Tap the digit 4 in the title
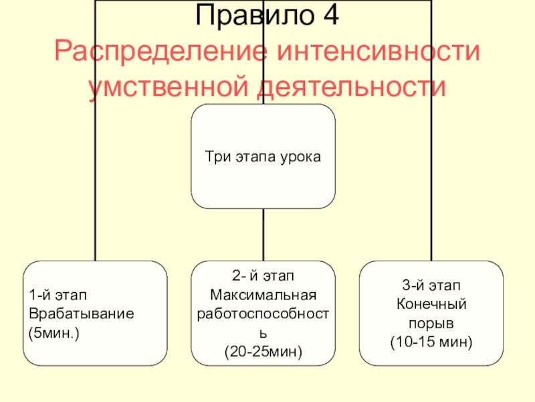[329, 16]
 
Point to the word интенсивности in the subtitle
[379, 52]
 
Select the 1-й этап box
[95, 313]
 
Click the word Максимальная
[263, 294]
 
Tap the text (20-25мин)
[263, 350]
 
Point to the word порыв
[431, 324]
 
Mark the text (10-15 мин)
[431, 342]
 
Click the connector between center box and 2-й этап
[263, 234]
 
